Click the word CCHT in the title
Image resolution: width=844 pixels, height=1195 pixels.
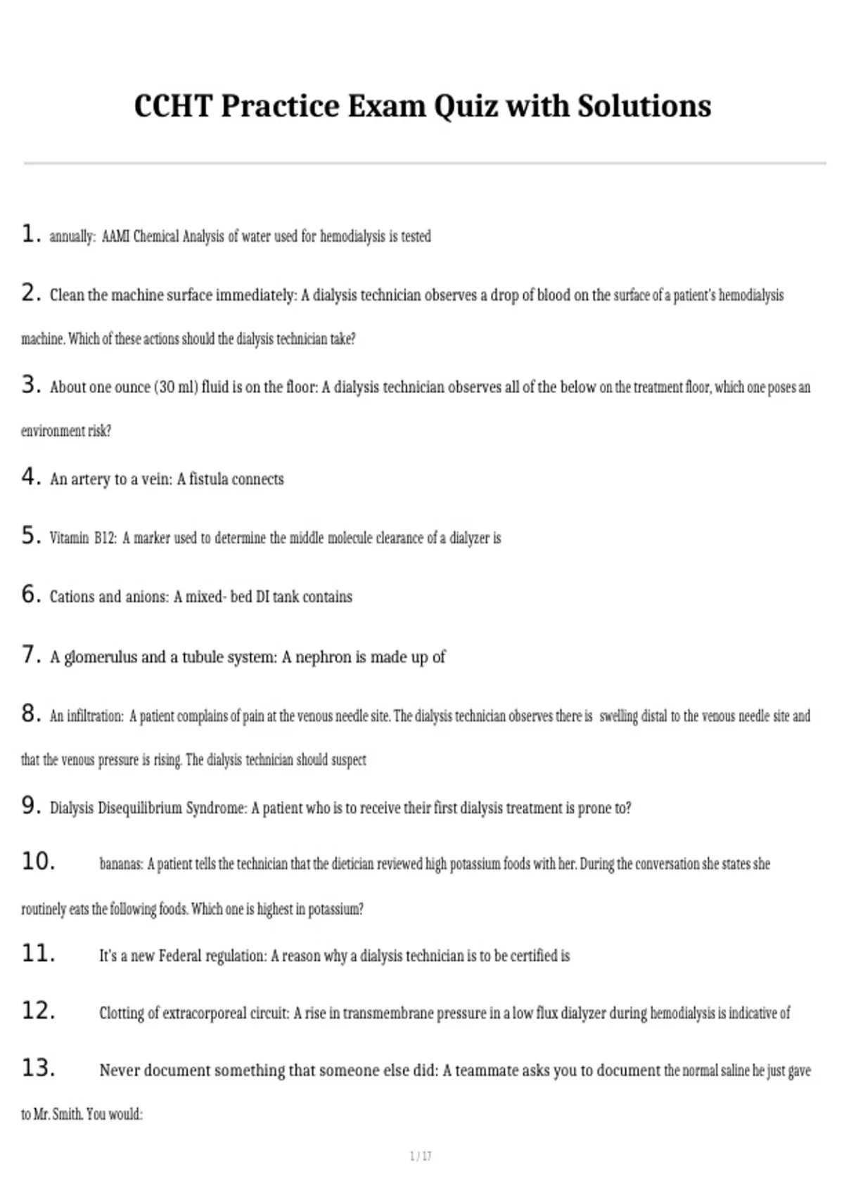(x=173, y=106)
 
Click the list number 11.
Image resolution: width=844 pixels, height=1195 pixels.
(x=38, y=954)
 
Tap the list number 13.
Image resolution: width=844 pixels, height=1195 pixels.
(x=38, y=1068)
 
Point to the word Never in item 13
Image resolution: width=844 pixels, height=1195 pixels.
(x=119, y=1071)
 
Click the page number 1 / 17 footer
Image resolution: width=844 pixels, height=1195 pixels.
(x=421, y=1156)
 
